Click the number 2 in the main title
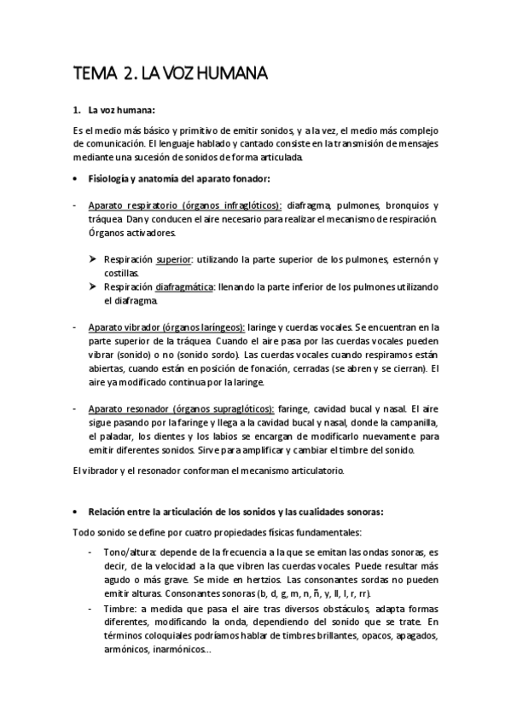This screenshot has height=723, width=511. click(128, 75)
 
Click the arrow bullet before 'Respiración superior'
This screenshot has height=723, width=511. click(94, 259)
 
